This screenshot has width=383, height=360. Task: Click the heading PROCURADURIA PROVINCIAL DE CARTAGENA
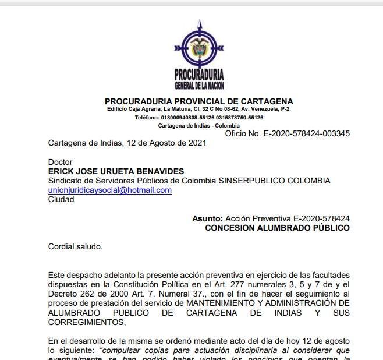199,101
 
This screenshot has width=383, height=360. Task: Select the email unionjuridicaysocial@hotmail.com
110,190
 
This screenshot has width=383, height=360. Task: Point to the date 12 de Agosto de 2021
165,143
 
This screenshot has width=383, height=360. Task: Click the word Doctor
60,162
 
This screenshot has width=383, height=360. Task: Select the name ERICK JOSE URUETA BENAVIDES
116,171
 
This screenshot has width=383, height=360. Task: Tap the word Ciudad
61,199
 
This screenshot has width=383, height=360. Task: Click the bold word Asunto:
207,218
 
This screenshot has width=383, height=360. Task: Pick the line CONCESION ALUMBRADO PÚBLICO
277,228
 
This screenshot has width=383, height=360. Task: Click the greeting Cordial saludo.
75,246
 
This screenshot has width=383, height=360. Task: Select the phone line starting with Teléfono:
199,117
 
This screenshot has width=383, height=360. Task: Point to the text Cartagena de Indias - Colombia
199,125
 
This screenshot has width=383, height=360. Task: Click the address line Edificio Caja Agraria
199,109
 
